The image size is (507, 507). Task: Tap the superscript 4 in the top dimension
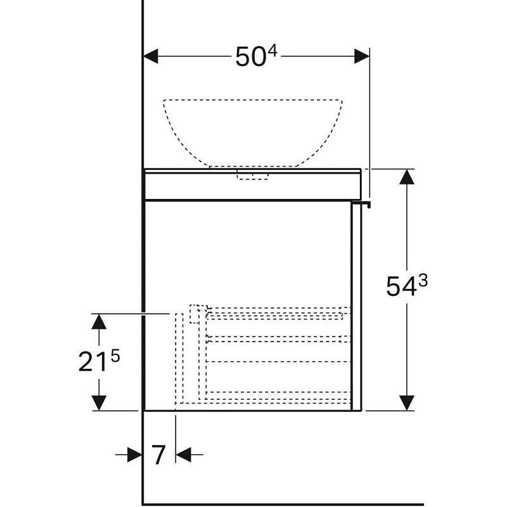click(273, 51)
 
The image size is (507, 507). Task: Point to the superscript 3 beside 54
click(423, 280)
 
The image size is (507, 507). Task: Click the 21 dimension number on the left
click(93, 361)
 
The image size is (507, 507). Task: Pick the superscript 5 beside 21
click(115, 357)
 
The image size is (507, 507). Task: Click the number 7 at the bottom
click(158, 455)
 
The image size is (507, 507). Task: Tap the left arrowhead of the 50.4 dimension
click(151, 56)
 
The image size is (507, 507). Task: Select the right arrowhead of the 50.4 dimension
click(362, 56)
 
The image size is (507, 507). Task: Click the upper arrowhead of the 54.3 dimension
click(407, 177)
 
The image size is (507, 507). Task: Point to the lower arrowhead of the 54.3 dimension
click(407, 403)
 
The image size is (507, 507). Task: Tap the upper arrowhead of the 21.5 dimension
click(99, 322)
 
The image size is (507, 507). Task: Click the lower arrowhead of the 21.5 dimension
click(99, 403)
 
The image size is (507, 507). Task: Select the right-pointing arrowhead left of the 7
click(135, 454)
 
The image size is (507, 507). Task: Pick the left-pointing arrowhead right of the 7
click(184, 454)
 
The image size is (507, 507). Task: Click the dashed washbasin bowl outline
click(253, 100)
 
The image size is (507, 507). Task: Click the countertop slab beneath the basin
click(253, 184)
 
